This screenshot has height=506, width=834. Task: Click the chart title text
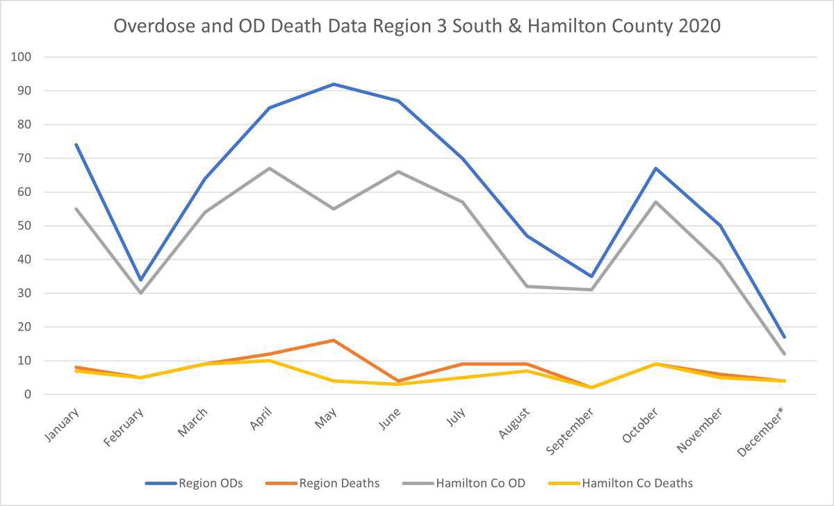[x=417, y=26]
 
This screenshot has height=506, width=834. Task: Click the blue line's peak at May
[x=334, y=84]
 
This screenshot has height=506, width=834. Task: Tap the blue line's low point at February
[x=140, y=280]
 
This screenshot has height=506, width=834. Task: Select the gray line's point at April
[x=269, y=168]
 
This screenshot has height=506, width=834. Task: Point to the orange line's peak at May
[x=334, y=341]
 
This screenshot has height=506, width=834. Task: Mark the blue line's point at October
[x=655, y=168]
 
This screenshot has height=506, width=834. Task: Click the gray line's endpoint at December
[x=784, y=354]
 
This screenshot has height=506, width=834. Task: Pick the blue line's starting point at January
[x=76, y=145]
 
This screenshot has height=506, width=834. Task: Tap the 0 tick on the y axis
[x=27, y=395]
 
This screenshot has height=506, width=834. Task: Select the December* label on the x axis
[x=764, y=433]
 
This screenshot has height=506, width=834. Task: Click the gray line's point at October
[x=655, y=202]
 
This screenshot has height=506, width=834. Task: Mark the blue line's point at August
[x=527, y=236]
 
